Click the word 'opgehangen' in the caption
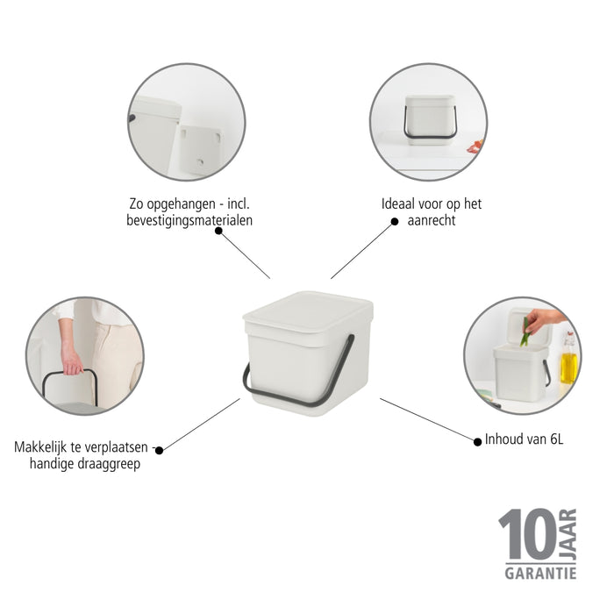click(176, 203)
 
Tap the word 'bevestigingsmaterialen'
click(189, 220)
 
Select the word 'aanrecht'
click(432, 220)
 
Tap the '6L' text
click(553, 439)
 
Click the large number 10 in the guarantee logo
click(528, 535)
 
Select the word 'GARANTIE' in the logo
click(539, 573)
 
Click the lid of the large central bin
click(308, 310)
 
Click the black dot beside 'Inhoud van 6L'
click(477, 438)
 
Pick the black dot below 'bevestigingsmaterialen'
click(218, 231)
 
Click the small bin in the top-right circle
click(430, 118)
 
